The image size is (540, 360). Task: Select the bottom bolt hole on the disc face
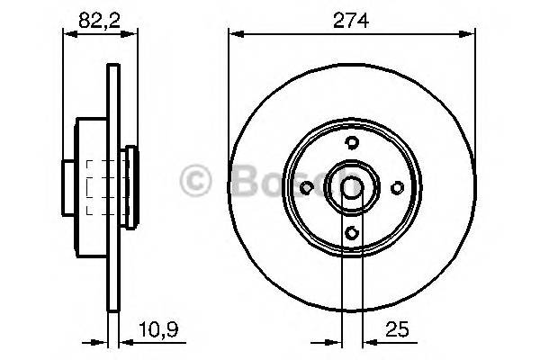[x=352, y=233]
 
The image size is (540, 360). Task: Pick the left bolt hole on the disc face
[x=306, y=187]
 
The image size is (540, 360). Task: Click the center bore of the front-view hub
[x=352, y=187]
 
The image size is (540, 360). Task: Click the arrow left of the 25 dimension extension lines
[x=332, y=342]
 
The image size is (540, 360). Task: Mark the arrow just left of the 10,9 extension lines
[x=100, y=342]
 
